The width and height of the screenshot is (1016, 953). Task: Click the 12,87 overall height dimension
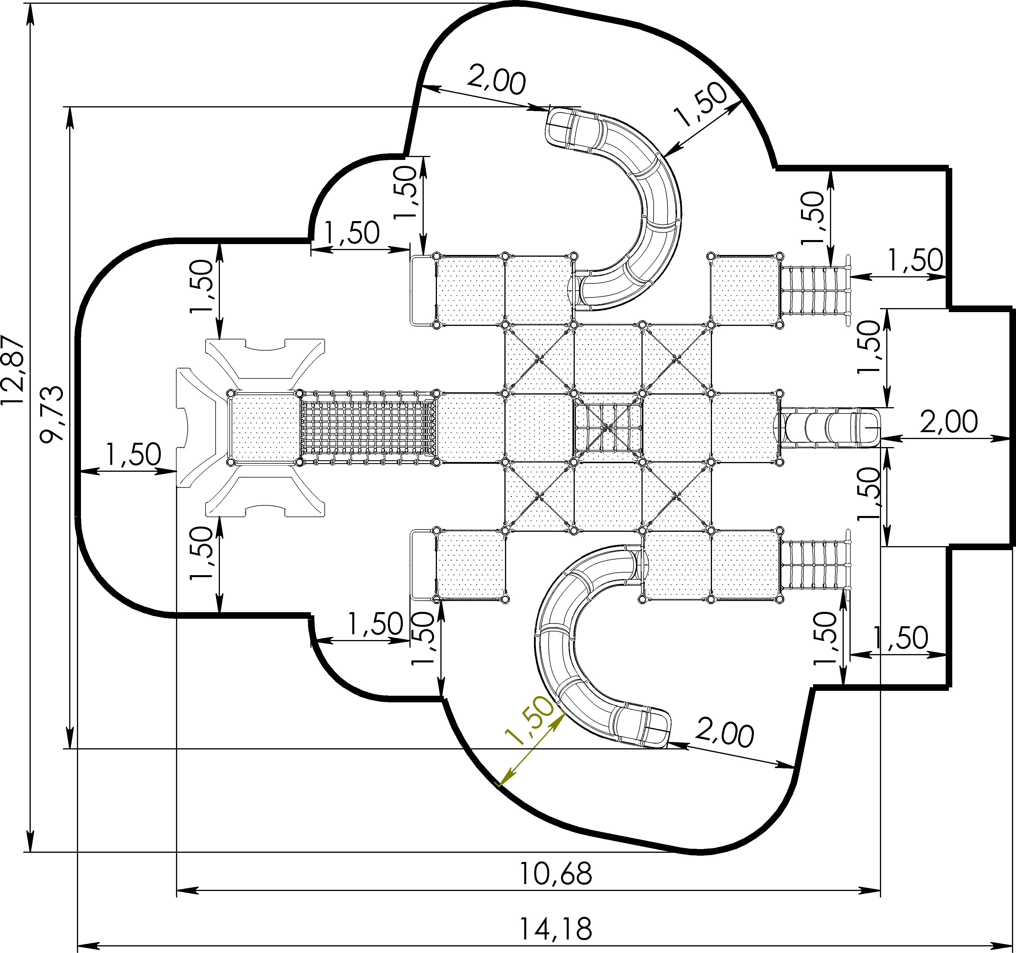tap(13, 369)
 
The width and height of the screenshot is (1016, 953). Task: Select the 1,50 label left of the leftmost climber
tap(133, 454)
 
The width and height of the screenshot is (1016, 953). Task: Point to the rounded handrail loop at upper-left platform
tap(422, 290)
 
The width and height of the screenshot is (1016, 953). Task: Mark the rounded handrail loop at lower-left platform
tap(422, 565)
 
